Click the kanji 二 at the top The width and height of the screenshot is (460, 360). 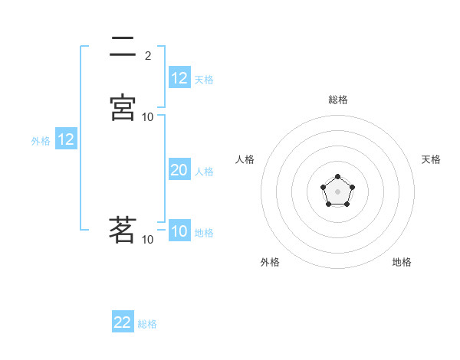123,48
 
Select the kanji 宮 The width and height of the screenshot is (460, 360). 123,107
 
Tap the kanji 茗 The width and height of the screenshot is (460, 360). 123,229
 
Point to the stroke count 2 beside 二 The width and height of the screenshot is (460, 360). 148,55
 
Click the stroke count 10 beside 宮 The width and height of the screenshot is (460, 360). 148,117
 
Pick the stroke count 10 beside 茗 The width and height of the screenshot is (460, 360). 148,240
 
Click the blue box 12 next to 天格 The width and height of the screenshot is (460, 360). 179,78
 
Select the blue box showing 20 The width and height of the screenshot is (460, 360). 179,171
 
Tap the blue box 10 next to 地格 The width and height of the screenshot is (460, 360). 179,232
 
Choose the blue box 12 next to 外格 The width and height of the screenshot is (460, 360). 66,140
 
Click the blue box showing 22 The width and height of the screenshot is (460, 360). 123,322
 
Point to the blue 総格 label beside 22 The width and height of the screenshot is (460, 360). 147,324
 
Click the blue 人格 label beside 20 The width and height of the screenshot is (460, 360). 204,172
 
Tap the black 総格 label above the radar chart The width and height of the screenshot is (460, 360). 338,100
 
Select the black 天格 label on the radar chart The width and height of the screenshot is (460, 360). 431,159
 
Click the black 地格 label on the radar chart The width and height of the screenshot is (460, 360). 402,262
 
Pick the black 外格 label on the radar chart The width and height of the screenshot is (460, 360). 270,262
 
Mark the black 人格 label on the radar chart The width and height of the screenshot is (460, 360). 245,159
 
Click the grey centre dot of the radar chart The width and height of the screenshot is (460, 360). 337,191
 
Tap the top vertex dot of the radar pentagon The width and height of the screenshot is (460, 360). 337,175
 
